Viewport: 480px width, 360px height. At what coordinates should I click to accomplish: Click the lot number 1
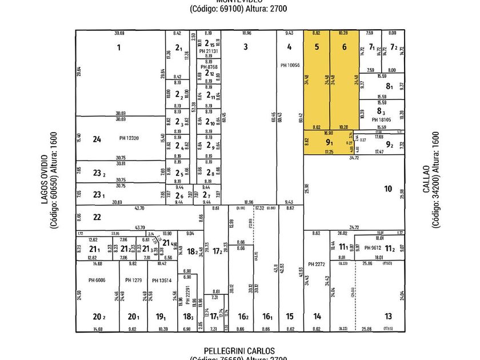(x=119, y=47)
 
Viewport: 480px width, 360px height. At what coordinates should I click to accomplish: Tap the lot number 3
(x=245, y=47)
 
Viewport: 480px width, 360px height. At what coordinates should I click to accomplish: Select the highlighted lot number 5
(x=317, y=47)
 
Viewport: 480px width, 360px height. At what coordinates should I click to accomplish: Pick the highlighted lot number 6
(x=344, y=47)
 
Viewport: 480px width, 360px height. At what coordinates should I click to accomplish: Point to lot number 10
(x=388, y=189)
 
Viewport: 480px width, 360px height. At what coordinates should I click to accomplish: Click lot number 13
(x=388, y=317)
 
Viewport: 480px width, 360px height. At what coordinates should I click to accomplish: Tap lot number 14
(x=317, y=317)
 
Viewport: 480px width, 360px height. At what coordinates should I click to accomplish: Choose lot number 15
(x=290, y=317)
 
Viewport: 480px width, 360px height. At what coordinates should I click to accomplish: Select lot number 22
(x=97, y=217)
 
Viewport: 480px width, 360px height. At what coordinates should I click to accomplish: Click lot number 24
(x=97, y=139)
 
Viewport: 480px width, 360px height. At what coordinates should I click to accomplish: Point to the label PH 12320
(x=130, y=138)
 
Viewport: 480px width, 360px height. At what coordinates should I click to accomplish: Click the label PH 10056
(x=290, y=65)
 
